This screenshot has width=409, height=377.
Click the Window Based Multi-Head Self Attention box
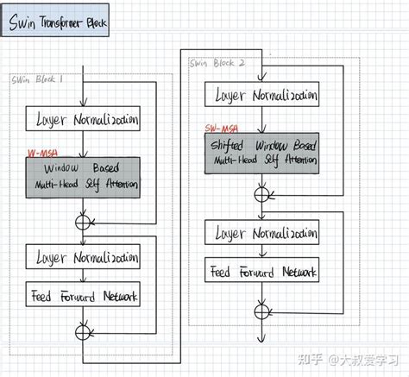click(x=86, y=177)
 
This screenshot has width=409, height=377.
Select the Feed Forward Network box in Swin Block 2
click(x=263, y=272)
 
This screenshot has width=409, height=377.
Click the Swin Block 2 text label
click(x=216, y=63)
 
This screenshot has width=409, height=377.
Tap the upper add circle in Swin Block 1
click(x=83, y=222)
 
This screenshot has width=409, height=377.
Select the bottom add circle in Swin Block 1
click(x=83, y=330)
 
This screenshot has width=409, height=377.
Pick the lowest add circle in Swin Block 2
click(x=260, y=309)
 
